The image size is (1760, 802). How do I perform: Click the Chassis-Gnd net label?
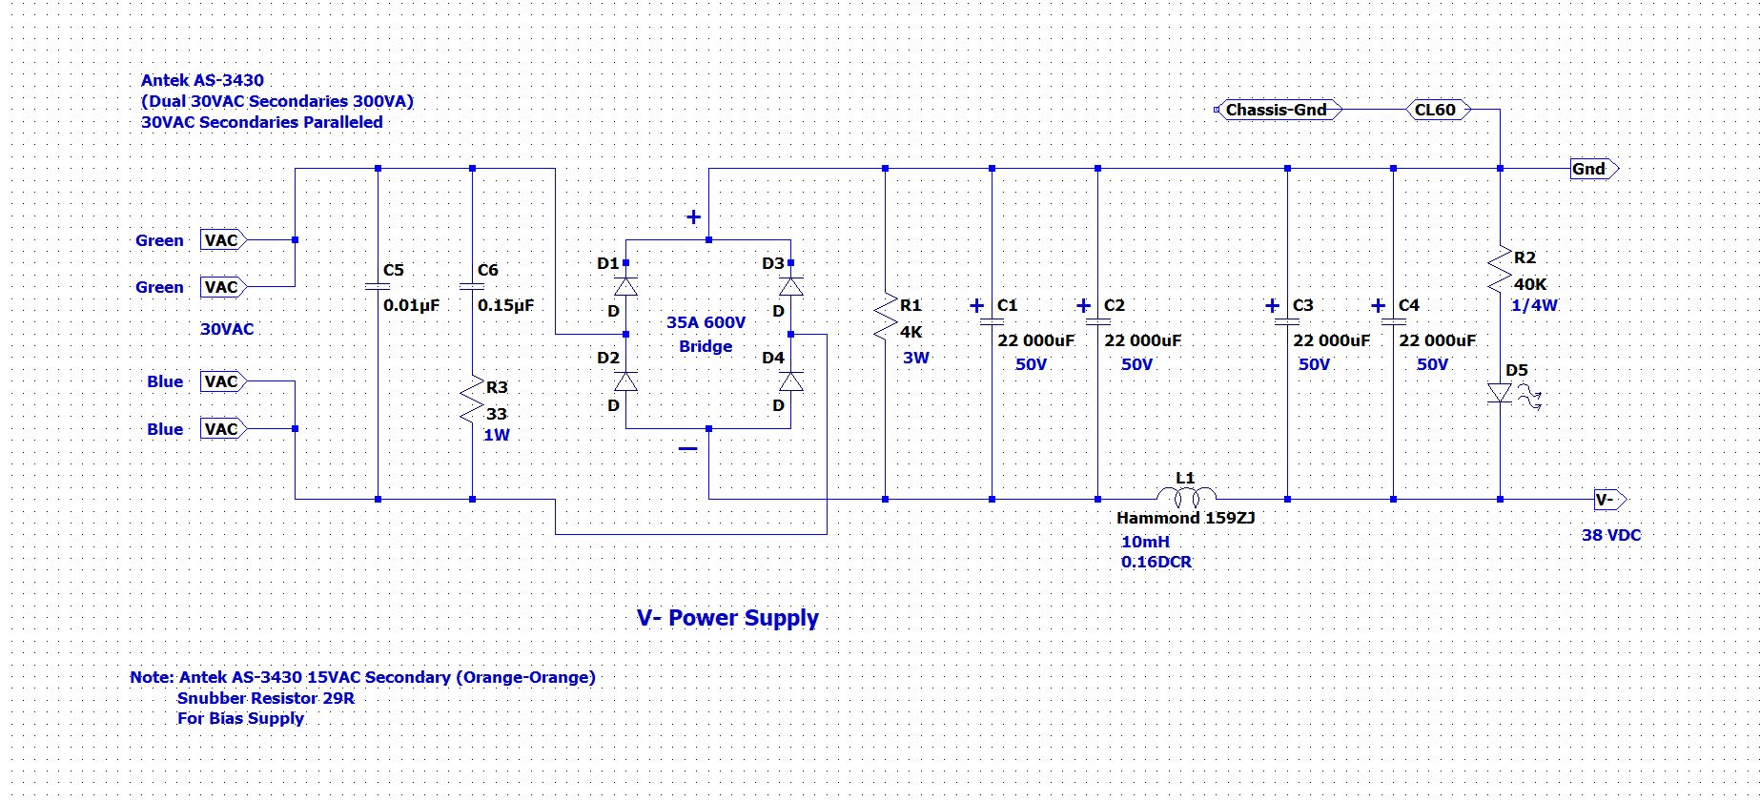[1278, 110]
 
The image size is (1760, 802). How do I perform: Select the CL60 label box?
[1438, 110]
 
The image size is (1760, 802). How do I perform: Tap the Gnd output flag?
[1594, 169]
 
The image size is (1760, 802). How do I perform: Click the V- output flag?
[1610, 500]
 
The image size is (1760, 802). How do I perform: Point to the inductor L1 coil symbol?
[1186, 495]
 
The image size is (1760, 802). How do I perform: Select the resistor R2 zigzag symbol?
[1500, 270]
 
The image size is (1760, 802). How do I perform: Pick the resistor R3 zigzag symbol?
[472, 400]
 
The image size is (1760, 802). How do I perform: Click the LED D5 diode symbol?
[1501, 393]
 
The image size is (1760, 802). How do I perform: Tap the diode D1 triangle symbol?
[625, 286]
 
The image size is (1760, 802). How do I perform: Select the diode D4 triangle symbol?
[790, 381]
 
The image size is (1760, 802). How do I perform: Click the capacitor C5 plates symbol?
[378, 286]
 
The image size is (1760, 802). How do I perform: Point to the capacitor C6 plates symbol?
[472, 286]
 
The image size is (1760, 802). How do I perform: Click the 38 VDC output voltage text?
[1611, 535]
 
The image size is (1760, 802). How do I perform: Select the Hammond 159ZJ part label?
[1185, 518]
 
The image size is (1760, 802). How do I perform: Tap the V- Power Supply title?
[727, 618]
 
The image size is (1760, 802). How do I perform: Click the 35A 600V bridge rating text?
[706, 322]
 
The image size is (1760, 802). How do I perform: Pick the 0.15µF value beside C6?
[505, 305]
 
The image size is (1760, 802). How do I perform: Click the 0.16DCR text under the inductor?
[1156, 562]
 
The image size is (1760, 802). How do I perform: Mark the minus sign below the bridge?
[687, 448]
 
